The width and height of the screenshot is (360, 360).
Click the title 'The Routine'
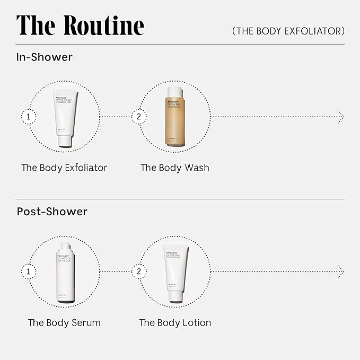(80, 26)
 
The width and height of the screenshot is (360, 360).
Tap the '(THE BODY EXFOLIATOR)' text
(288, 31)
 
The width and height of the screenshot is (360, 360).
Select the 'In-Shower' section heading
(45, 57)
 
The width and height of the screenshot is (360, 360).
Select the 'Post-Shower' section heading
(52, 212)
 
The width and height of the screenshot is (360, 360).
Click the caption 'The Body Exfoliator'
(64, 168)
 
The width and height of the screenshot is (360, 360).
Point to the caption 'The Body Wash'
(174, 168)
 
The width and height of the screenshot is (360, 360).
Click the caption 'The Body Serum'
(64, 322)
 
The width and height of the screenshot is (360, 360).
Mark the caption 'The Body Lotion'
(175, 322)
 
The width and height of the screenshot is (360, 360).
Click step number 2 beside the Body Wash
(138, 116)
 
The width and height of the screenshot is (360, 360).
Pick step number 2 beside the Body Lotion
(138, 271)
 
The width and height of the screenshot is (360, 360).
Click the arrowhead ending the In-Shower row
(340, 116)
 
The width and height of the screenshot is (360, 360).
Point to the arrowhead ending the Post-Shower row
(340, 271)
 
